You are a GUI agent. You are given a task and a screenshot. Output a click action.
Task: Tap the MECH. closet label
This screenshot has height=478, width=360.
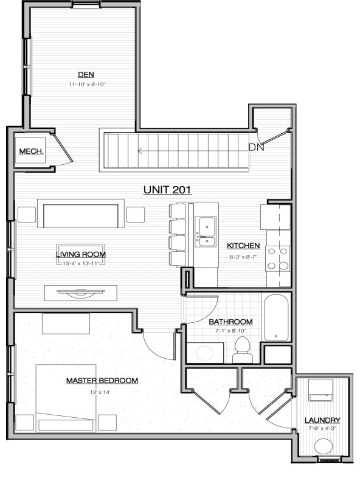pos(30,151)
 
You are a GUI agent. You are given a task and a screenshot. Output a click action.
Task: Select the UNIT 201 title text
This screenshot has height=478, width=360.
pos(167,190)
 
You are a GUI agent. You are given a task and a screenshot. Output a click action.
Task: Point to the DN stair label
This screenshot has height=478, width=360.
pos(256,147)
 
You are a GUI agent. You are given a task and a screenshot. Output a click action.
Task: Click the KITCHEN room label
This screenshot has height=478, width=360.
pos(243,246)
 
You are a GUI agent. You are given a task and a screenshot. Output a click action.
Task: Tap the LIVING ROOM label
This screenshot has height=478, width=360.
pos(80,254)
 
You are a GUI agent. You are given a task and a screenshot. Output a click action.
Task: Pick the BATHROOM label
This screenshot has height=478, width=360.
pos(230,321)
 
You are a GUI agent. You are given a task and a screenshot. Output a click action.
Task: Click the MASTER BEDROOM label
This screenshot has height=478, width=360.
pos(102,381)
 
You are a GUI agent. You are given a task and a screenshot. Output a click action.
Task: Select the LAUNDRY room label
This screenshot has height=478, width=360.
pos(323,420)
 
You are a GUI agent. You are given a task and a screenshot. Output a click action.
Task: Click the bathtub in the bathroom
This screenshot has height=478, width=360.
pos(277,317)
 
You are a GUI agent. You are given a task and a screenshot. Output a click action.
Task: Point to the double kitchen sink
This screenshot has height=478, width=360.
pos(206,232)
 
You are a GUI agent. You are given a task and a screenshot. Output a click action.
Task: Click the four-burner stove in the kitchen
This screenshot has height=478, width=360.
pos(278,258)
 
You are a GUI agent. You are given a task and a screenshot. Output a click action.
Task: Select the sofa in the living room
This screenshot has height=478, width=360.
pos(80,214)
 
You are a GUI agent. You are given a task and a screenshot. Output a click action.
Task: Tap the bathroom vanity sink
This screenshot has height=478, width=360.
pos(204,352)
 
